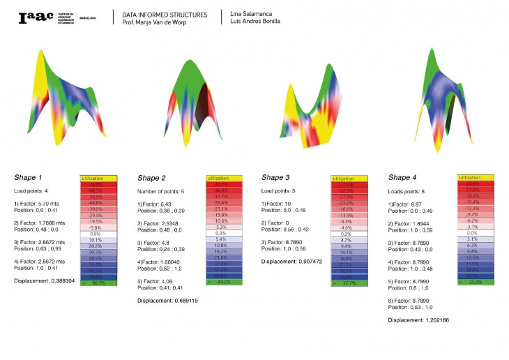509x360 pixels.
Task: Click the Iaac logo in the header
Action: coord(35,17)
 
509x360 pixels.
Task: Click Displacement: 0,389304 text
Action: coord(46,280)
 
